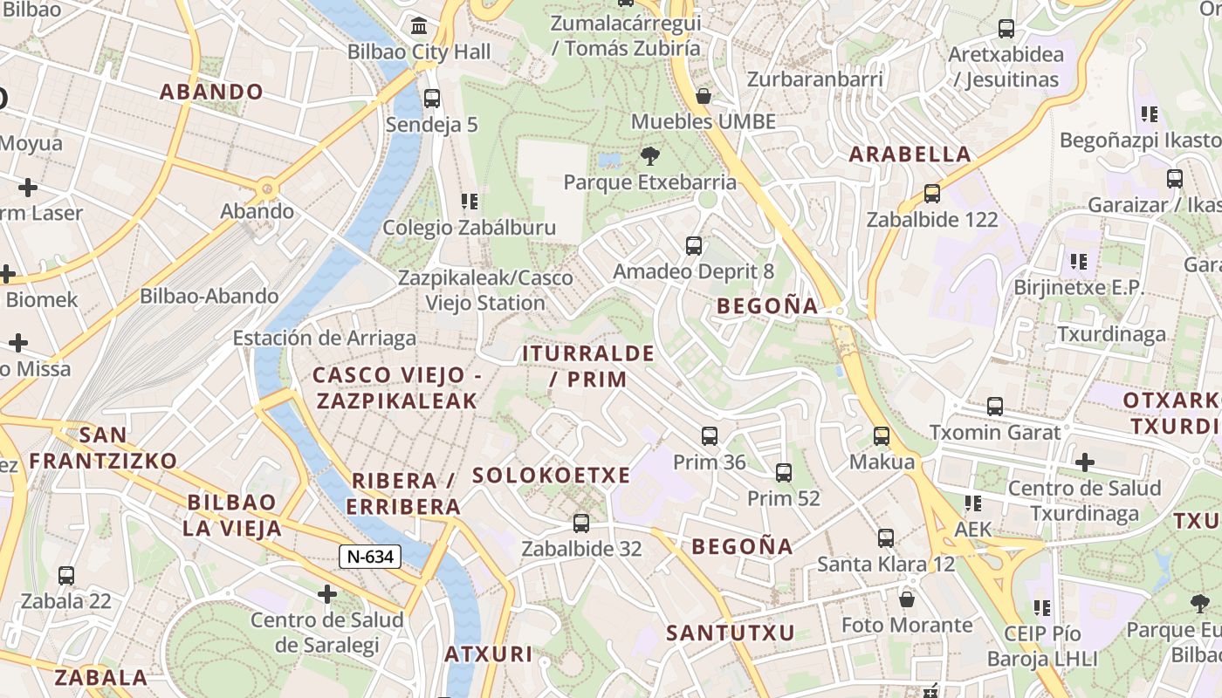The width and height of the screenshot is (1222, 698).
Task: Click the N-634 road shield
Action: (370, 556)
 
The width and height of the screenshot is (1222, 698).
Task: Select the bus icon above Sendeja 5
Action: (432, 99)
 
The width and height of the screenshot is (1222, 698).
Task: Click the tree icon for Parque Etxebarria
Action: (649, 157)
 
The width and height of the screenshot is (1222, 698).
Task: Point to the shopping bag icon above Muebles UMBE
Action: (704, 96)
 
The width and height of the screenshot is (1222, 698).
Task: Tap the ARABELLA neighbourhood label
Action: (910, 154)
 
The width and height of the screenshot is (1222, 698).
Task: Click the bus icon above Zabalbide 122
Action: (932, 194)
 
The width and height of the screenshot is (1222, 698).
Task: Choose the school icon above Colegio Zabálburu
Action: (470, 202)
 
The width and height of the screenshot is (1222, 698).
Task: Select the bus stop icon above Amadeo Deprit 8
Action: (694, 246)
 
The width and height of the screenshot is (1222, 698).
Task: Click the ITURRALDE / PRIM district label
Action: (588, 366)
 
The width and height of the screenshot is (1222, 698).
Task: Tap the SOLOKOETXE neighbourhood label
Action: (551, 476)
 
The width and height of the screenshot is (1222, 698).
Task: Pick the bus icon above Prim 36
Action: (710, 436)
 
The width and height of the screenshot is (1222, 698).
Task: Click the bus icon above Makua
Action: (882, 436)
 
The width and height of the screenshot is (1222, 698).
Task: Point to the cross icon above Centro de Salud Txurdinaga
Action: (1084, 462)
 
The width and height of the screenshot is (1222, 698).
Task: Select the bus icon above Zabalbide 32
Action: (581, 523)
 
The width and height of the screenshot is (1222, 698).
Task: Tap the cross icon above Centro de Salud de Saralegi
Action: (327, 595)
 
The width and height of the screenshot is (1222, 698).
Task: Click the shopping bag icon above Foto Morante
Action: (907, 599)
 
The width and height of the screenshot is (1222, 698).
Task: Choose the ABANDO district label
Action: (211, 92)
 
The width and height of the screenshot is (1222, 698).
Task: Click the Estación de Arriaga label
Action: (325, 338)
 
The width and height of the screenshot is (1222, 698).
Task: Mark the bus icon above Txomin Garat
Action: (995, 407)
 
